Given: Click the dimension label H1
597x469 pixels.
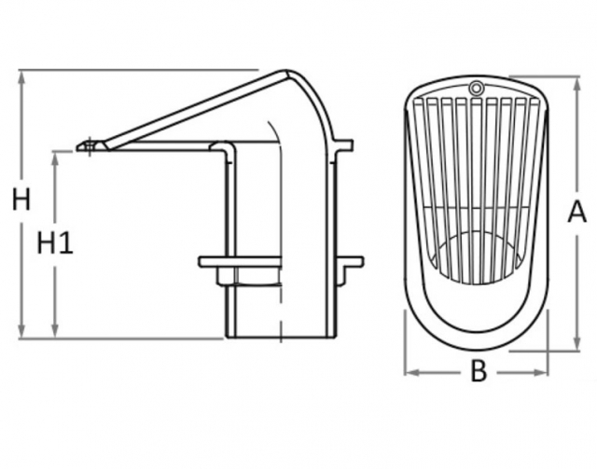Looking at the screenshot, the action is pos(55,242).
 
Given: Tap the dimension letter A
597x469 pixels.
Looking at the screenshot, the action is pos(577,212).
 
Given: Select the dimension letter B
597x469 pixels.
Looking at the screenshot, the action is pos(479,371).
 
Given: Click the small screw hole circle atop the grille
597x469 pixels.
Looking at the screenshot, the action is pos(475,89).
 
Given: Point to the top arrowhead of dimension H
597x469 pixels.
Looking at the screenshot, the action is pos(22,77).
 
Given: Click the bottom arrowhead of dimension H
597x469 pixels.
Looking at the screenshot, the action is pos(22,330).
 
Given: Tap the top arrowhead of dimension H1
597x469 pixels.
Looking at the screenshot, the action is pos(56,159).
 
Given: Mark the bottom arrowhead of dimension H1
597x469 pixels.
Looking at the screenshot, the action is pos(56,330).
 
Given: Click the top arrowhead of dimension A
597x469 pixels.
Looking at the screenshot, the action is pos(576,84).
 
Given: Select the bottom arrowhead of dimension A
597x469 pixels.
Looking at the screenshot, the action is pos(576,343).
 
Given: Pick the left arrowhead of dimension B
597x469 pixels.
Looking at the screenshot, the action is pos(412,372).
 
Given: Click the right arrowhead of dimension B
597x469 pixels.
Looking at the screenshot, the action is pos(541,372).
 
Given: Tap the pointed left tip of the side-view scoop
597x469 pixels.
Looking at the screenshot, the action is pos(76,147).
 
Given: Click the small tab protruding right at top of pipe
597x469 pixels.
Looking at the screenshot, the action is pos(344,145).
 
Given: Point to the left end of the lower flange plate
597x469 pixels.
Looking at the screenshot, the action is pos(200,262).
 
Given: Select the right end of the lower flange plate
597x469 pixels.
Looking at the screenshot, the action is pos(362,262).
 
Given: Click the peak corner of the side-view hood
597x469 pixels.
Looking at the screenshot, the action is pos(286,71).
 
